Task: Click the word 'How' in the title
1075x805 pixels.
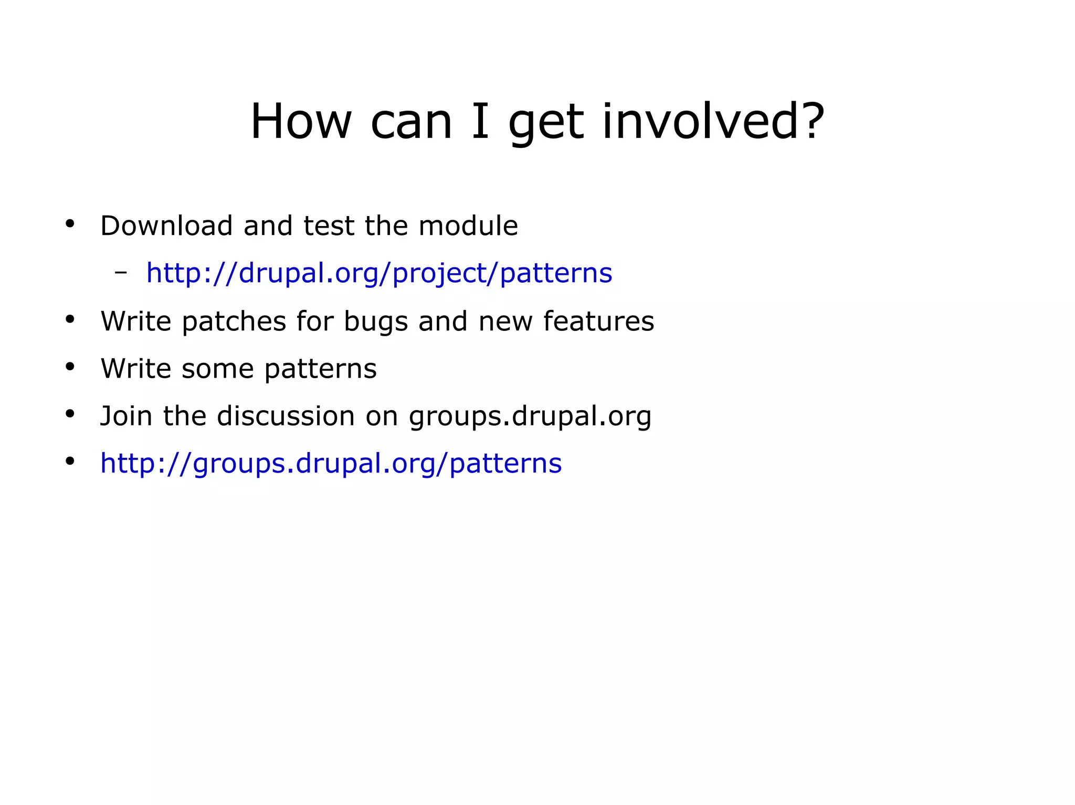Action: tap(300, 122)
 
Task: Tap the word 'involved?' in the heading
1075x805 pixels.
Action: tap(712, 122)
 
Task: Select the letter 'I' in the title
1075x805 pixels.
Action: tap(480, 122)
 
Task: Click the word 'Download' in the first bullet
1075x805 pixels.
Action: tap(166, 226)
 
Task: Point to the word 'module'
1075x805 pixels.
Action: tap(468, 226)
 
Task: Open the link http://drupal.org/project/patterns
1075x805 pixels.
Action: tap(379, 273)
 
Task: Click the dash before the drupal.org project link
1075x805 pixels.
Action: tap(121, 272)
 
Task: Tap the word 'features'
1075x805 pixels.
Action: tap(598, 321)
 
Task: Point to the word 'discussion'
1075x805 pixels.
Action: tap(286, 416)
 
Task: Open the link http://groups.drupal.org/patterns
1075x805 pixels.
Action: tap(331, 464)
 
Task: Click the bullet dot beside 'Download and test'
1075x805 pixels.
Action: tap(70, 224)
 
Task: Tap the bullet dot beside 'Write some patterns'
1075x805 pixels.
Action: tap(70, 367)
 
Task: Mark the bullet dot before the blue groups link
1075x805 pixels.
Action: tap(70, 462)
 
